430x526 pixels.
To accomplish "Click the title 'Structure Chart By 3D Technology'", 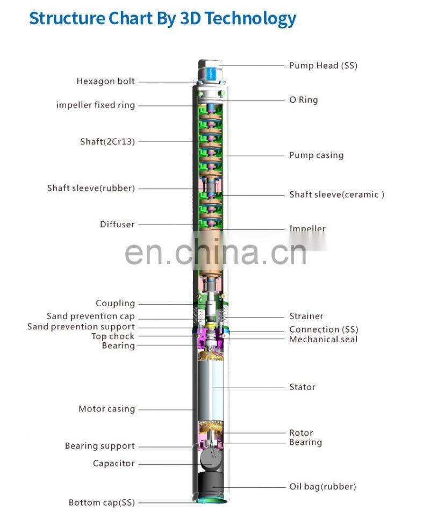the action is tap(162, 18).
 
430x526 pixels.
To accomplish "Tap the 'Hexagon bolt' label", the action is tap(105, 82).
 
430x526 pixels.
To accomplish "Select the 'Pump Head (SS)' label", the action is tap(323, 66).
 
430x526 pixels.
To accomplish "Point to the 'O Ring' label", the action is tap(303, 100).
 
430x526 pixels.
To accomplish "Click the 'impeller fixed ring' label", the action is tap(96, 105).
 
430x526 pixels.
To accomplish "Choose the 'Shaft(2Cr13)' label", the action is tap(107, 142).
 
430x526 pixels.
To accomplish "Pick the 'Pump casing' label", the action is tap(316, 155).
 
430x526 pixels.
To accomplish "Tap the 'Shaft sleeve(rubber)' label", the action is tap(91, 188).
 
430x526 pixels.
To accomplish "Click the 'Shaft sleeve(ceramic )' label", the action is tap(336, 194).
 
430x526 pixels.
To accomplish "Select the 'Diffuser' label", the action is tap(117, 224).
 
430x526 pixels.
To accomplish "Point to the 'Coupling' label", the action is tap(115, 304).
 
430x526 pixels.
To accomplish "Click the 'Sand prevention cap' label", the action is tap(91, 316).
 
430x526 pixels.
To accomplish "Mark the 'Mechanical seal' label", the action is tap(323, 340).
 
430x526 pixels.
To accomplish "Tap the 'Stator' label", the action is tap(302, 387).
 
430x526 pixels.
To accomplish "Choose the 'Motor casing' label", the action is tap(106, 409).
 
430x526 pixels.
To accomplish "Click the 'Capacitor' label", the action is tap(113, 463).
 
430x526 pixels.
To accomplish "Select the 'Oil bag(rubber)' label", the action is tap(322, 487).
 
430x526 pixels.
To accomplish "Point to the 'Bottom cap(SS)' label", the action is tap(102, 503).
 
